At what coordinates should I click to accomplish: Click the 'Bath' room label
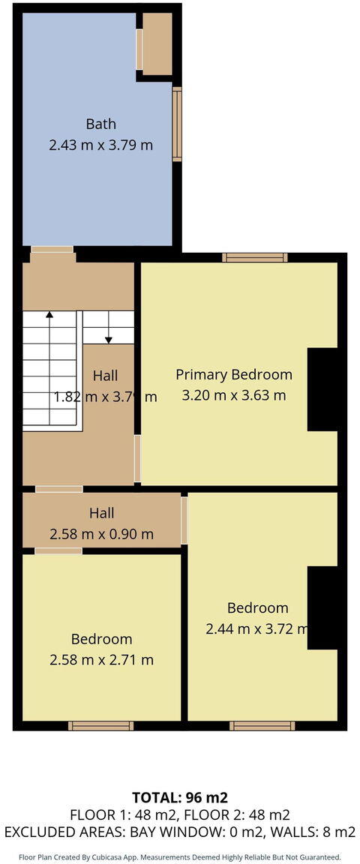100,124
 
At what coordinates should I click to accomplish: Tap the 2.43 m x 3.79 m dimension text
100,145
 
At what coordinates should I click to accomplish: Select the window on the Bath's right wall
177,124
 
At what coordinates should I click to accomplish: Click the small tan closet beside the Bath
157,43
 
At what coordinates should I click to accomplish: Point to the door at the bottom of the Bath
52,249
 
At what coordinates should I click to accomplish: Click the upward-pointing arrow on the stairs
49,316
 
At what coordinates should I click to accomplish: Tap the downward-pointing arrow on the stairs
108,339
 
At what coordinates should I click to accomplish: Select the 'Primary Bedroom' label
234,374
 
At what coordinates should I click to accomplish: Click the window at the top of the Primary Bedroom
254,257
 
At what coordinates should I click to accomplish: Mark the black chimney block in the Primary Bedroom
322,390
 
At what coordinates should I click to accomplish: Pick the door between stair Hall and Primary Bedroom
137,458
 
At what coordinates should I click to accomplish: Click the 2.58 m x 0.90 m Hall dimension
101,535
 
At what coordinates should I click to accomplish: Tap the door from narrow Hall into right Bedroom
184,520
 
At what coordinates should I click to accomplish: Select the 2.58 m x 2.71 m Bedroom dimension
101,660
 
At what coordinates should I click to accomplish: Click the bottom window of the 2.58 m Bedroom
100,725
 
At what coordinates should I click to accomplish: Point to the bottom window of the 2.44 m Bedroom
262,725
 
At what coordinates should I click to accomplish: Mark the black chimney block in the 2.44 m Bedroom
322,607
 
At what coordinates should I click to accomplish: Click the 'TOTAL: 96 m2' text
179,797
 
